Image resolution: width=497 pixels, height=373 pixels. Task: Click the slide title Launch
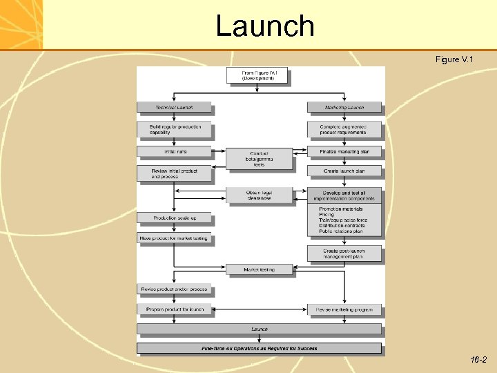point(265,26)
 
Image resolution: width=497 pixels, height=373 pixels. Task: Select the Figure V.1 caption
point(454,60)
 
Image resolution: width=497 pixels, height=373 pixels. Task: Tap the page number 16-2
point(478,360)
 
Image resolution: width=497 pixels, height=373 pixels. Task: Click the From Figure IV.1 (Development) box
point(257,75)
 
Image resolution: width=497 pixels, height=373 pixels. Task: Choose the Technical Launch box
point(174,107)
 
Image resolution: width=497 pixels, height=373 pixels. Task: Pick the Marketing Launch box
point(344,107)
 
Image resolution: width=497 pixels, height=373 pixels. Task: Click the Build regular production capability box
point(174,129)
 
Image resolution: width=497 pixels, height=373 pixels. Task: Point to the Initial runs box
point(174,151)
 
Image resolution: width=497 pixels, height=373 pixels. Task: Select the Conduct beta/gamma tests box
point(259,159)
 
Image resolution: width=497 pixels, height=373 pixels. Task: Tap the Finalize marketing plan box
point(344,151)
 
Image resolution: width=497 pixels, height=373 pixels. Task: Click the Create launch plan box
point(344,171)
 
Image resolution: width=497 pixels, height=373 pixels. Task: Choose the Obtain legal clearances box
point(259,195)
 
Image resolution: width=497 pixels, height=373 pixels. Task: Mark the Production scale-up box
point(174,218)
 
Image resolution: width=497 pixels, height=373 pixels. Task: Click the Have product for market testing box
point(174,238)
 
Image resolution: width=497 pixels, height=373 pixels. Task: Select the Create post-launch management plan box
point(344,254)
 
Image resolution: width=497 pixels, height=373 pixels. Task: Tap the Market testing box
point(259,269)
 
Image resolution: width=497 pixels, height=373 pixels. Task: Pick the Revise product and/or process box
point(174,289)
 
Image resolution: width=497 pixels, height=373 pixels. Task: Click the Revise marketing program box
point(344,309)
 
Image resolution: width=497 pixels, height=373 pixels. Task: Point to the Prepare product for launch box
point(174,309)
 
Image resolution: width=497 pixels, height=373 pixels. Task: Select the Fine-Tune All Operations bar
point(259,348)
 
